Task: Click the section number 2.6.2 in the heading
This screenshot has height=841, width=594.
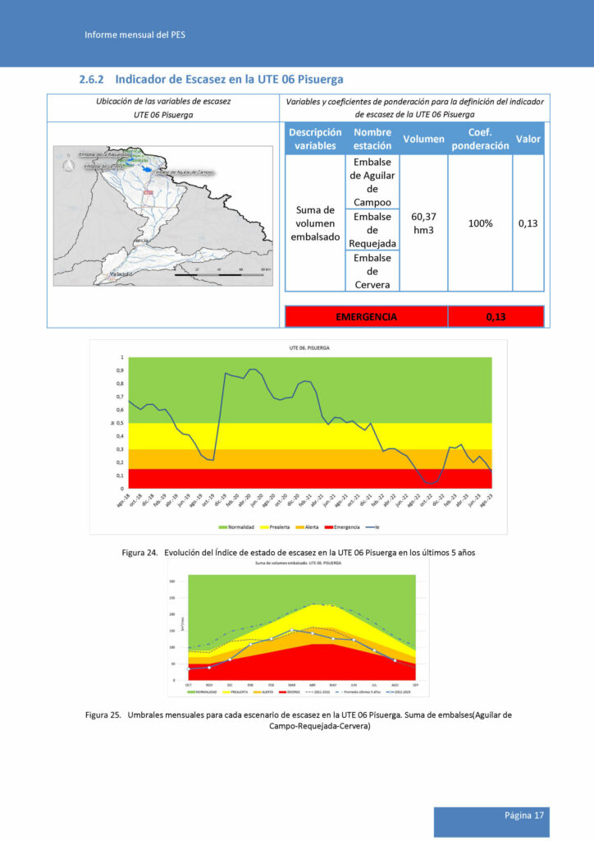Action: (89, 80)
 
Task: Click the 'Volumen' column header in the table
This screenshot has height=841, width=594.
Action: (423, 139)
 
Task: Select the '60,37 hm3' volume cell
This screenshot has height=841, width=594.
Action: (423, 223)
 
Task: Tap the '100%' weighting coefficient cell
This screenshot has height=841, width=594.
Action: (480, 223)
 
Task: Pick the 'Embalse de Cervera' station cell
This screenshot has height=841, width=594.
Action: (372, 271)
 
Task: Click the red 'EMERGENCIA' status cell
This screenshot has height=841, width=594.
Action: (366, 316)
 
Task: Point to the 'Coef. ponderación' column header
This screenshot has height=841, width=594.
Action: (480, 139)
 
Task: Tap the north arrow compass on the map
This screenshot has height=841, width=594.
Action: (69, 165)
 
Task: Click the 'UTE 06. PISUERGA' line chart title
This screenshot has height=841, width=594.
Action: (309, 348)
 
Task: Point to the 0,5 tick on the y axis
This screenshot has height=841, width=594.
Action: (122, 423)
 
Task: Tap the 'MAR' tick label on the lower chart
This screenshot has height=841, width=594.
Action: (291, 685)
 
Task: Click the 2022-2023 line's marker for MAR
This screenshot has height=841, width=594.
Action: (291, 630)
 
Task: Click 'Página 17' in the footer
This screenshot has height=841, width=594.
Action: (524, 816)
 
